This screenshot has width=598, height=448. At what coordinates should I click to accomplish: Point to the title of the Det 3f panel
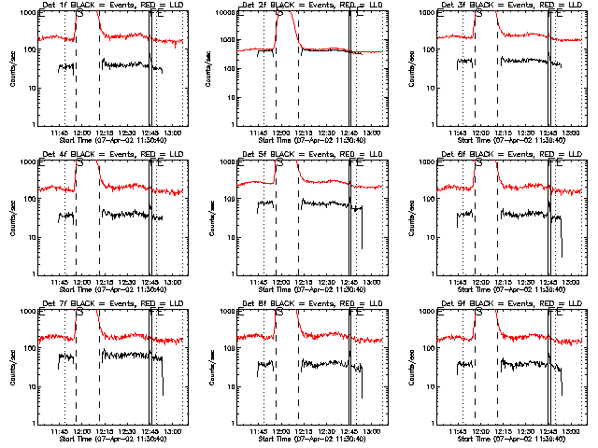coord(509,7)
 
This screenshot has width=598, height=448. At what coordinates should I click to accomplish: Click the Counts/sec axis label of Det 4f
coord(12,217)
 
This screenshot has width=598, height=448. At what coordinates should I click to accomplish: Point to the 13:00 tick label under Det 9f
coord(572,430)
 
